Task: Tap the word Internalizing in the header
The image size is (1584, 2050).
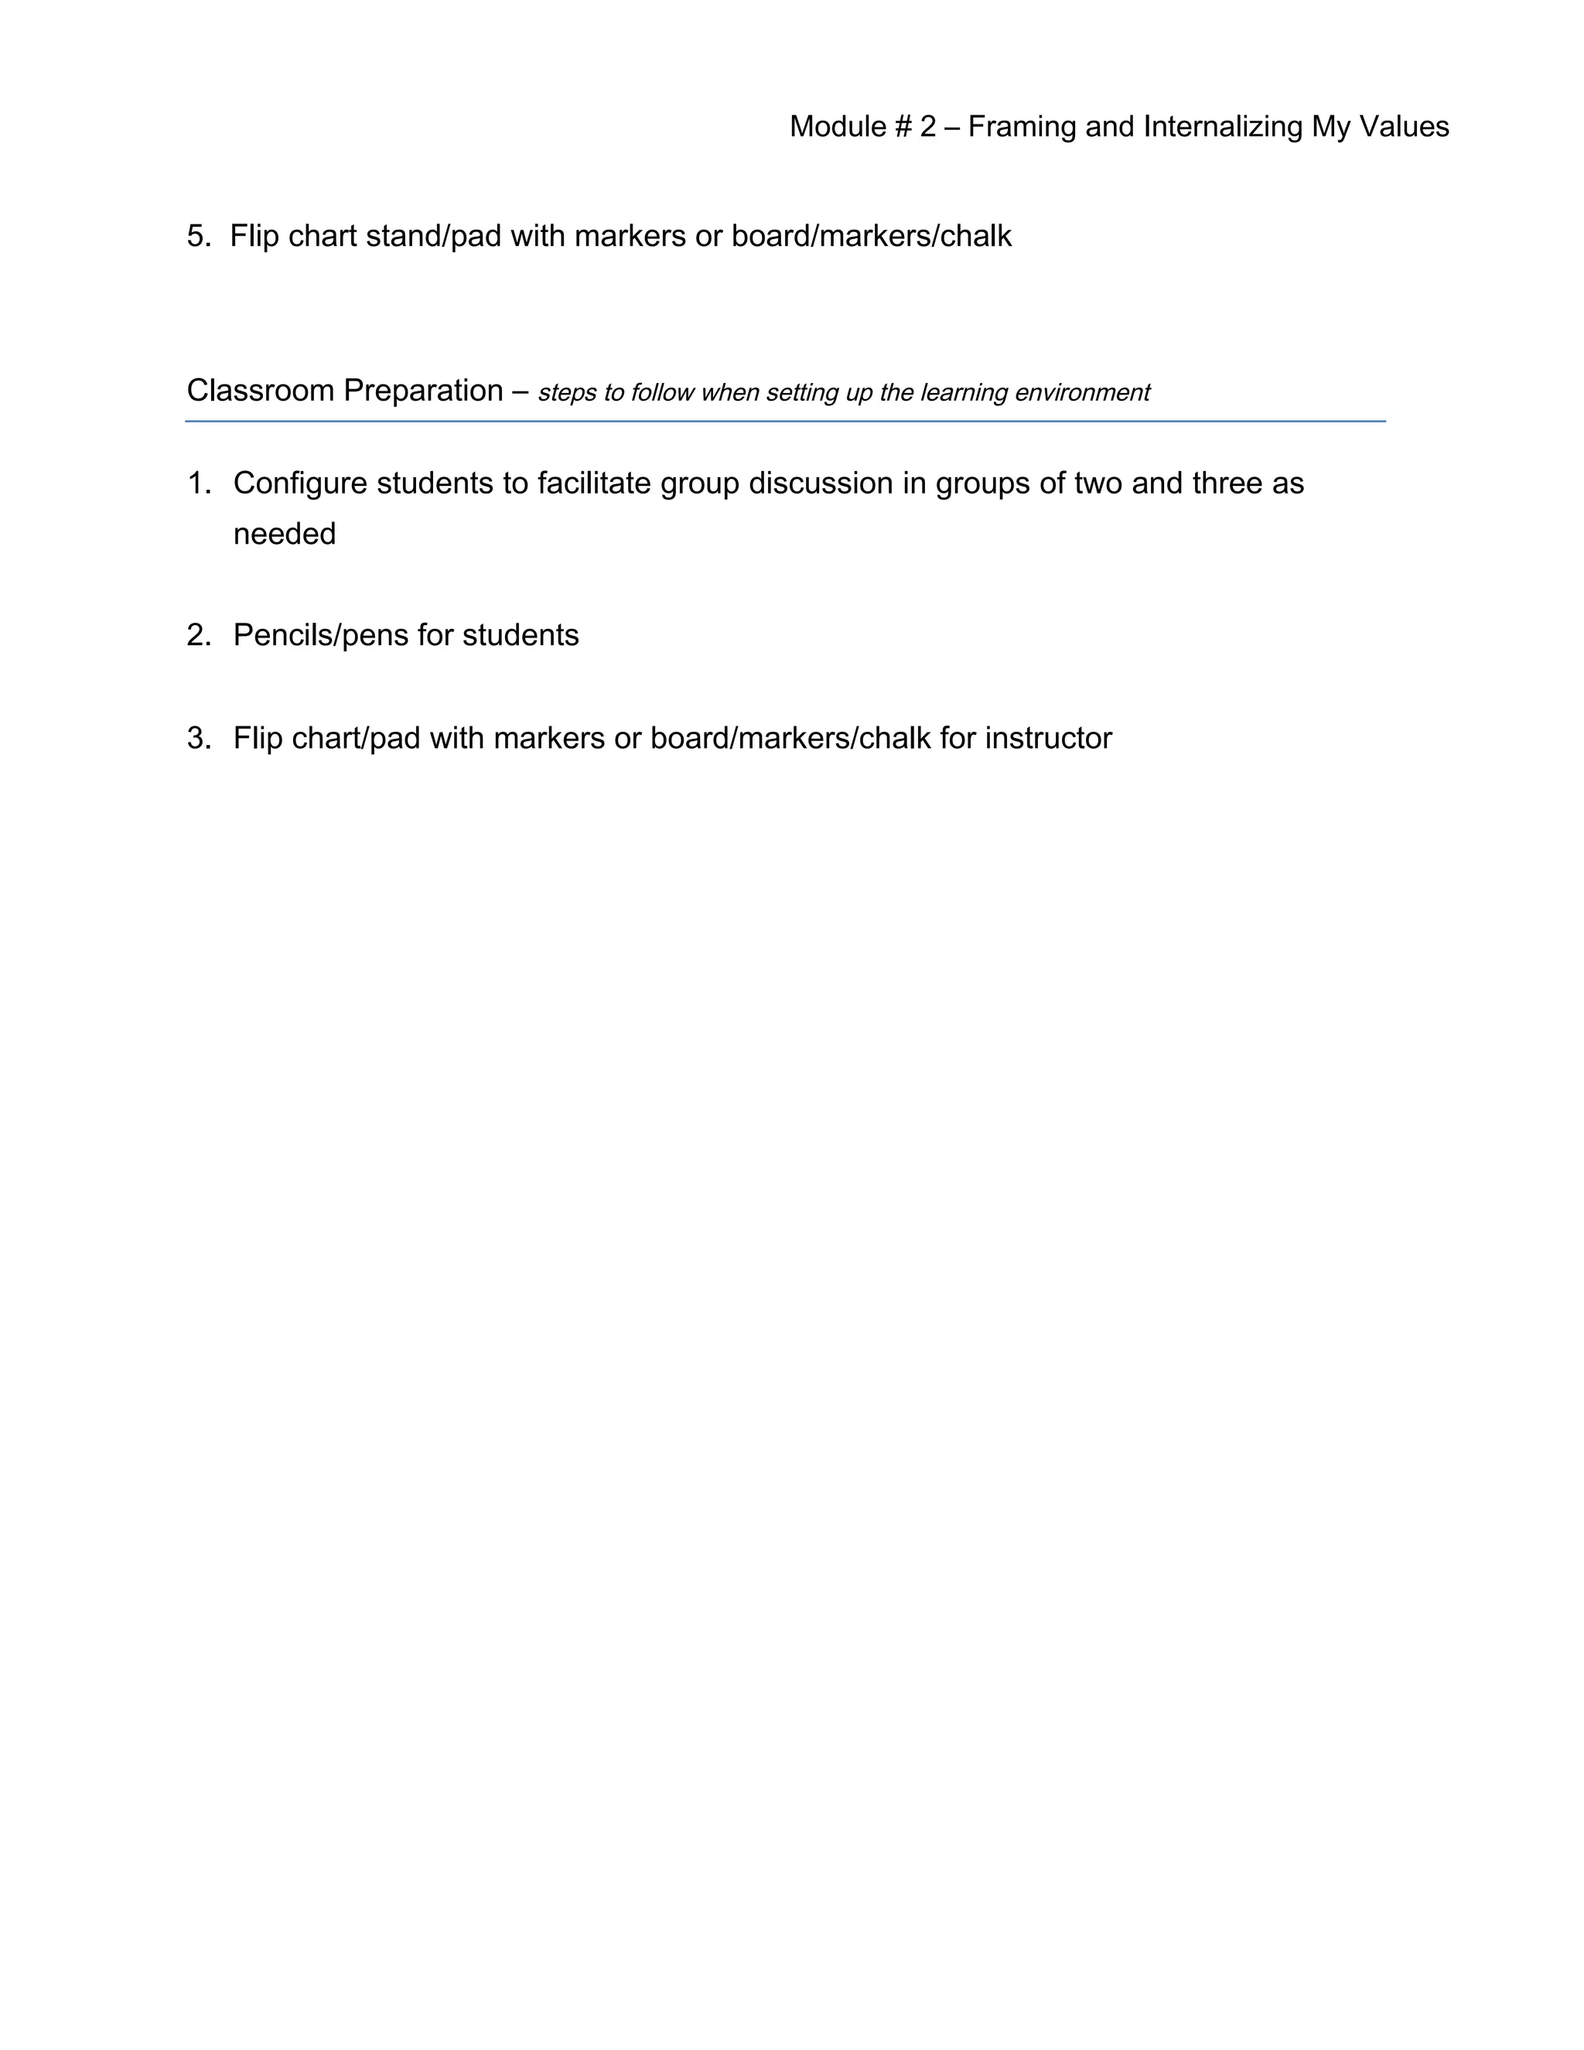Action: point(1222,127)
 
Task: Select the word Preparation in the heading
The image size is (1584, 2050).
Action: point(422,391)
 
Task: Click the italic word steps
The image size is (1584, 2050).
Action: point(567,392)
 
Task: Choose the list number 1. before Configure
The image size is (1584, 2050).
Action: point(199,483)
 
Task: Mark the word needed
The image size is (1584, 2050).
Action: point(285,534)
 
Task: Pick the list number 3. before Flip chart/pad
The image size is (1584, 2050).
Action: point(199,739)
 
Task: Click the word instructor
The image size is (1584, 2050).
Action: point(1048,739)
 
